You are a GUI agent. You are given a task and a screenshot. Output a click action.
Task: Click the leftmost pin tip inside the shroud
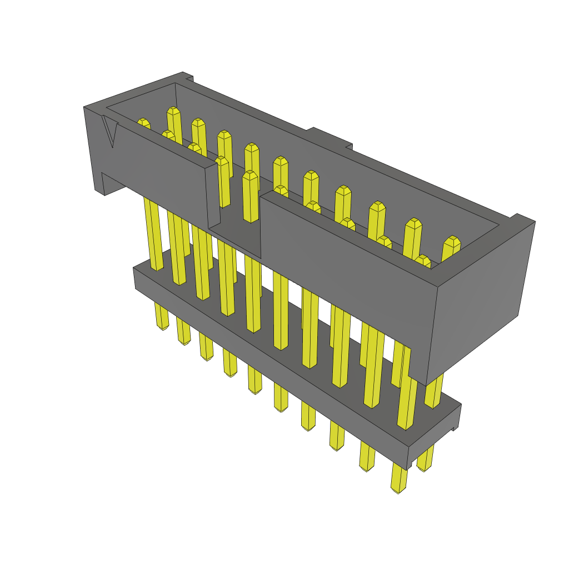click(x=143, y=123)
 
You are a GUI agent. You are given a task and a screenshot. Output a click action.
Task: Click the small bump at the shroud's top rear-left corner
click(x=187, y=76)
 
